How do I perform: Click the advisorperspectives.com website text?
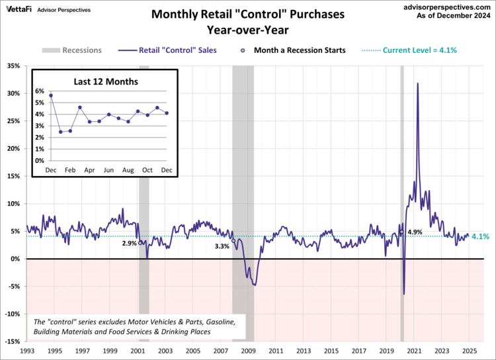coord(448,5)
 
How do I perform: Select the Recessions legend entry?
coord(72,50)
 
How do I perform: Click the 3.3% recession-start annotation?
coord(222,246)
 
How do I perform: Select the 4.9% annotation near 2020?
coord(415,232)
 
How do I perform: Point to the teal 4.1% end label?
coord(481,237)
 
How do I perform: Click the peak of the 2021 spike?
coord(417,83)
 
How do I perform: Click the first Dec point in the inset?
coord(51,96)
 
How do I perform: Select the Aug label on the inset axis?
coord(128,171)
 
